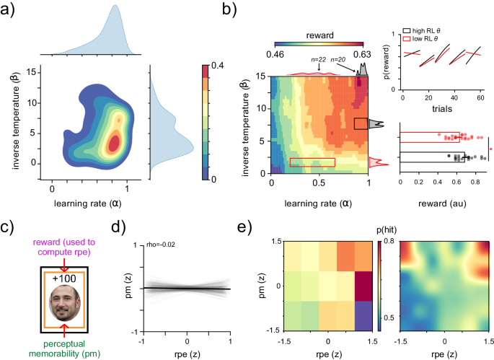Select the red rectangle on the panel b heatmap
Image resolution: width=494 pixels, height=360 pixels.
click(x=312, y=162)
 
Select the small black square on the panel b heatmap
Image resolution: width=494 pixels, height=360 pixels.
click(x=361, y=123)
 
